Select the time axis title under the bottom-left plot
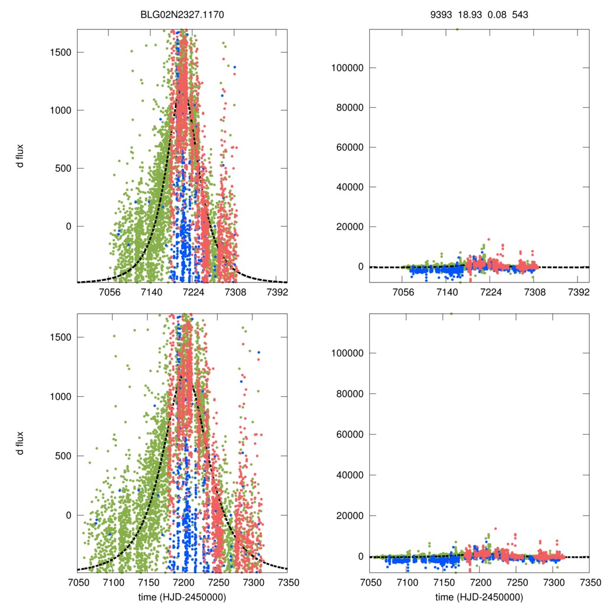[x=182, y=596]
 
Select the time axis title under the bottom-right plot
[x=479, y=596]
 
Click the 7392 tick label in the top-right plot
[x=579, y=292]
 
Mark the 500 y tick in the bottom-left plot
[x=61, y=456]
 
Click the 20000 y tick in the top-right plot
[x=348, y=227]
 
